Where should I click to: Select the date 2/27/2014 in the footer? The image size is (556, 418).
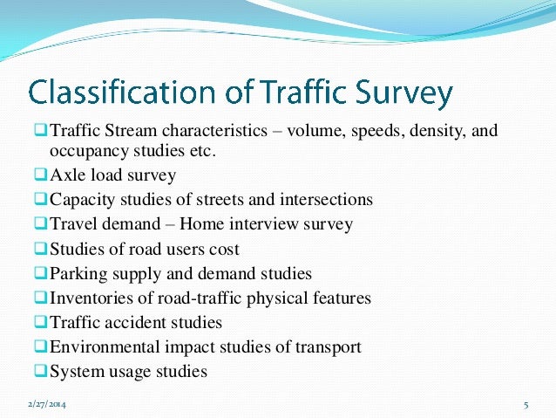coord(50,405)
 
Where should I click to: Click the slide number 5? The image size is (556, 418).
coord(526,406)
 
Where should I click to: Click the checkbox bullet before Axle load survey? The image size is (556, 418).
coord(41,175)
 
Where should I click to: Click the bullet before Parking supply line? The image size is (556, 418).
coord(41,273)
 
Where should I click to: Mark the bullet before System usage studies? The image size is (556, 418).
coord(41,371)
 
